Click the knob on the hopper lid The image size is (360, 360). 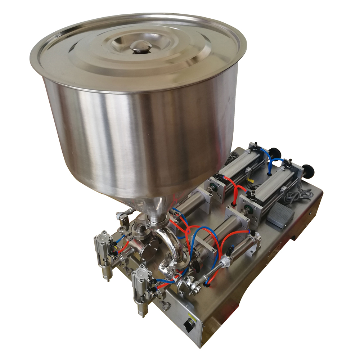point(140,46)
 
